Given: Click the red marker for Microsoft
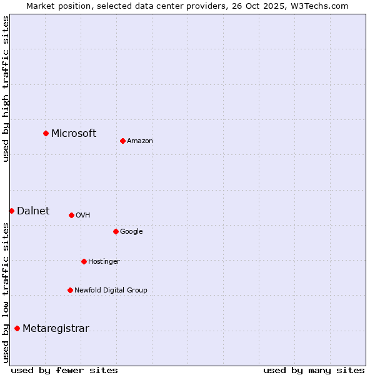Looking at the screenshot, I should [x=46, y=133].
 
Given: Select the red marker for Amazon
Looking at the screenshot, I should [x=122, y=141].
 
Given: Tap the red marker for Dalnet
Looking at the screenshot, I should [x=11, y=211].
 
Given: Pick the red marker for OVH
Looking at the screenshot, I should [x=71, y=215].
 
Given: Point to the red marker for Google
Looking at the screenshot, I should [x=116, y=231].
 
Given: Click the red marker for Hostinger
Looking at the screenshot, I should [x=84, y=261].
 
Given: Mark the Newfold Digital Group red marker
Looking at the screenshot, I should [x=70, y=290].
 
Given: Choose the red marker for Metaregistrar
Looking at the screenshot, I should [x=17, y=328].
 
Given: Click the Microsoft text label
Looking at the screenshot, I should [x=74, y=133].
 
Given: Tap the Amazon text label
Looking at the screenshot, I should [x=140, y=141].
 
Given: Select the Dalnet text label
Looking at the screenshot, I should [x=33, y=211].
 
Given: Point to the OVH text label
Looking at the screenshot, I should [x=83, y=215].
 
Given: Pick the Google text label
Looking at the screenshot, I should [x=131, y=231].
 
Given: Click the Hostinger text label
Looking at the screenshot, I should [x=104, y=261].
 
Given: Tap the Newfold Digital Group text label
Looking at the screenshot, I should [x=111, y=290].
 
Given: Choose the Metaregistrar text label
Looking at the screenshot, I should [x=56, y=329].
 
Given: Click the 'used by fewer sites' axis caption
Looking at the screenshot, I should [x=64, y=370].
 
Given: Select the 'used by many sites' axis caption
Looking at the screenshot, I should [x=314, y=370].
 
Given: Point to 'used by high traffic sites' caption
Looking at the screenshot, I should [x=6, y=89].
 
